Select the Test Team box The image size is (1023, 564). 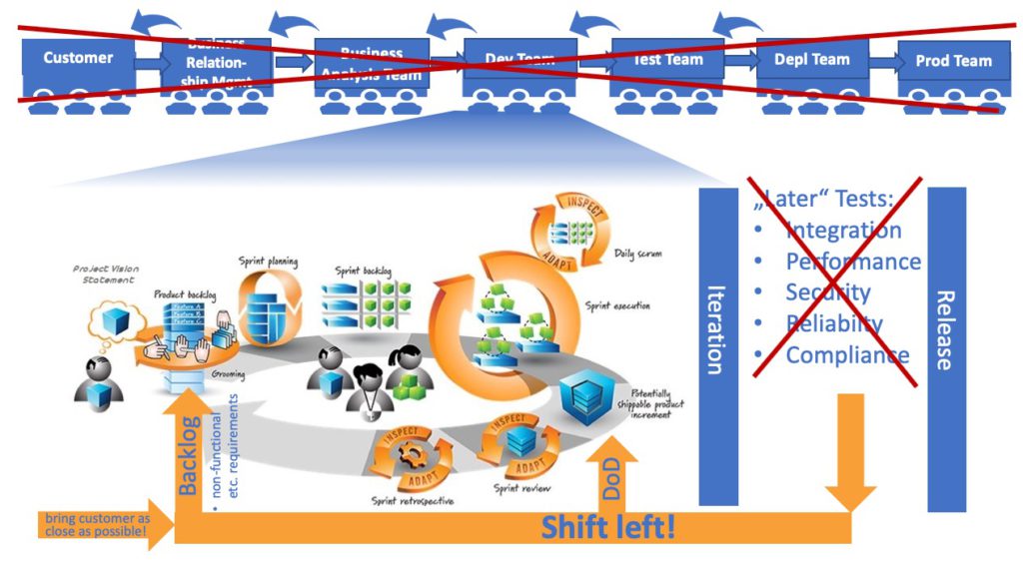(x=667, y=61)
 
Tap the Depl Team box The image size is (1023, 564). (x=811, y=61)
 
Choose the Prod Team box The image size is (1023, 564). (x=953, y=62)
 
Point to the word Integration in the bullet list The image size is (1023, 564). (x=843, y=231)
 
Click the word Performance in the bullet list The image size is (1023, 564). (x=853, y=262)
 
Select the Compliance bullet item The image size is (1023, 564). (x=847, y=355)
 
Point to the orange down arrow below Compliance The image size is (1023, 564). (x=850, y=449)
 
